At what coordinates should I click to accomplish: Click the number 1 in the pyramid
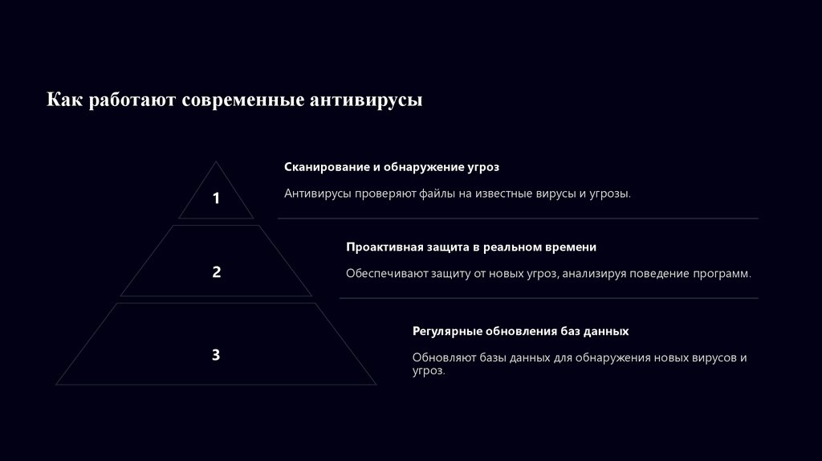(216, 198)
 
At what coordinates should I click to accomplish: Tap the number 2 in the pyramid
(216, 272)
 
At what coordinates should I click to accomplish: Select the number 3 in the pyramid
(216, 354)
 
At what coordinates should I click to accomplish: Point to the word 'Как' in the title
(63, 100)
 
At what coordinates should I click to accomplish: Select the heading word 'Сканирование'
(326, 167)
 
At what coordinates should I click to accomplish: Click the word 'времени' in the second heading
(572, 247)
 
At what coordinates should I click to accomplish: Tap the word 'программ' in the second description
(722, 274)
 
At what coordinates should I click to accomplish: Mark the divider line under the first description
(518, 218)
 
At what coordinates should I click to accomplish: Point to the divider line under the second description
(548, 298)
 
